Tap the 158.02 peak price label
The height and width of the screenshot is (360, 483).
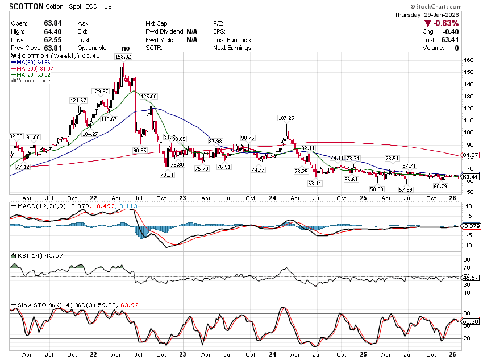coord(123,57)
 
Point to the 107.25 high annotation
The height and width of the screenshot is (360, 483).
coord(286,118)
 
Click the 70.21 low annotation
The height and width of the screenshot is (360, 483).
coord(166,175)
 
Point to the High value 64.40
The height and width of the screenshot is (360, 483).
coord(37,31)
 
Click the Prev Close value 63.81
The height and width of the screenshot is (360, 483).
coord(37,48)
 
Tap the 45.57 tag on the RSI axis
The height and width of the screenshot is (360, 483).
coord(472,277)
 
